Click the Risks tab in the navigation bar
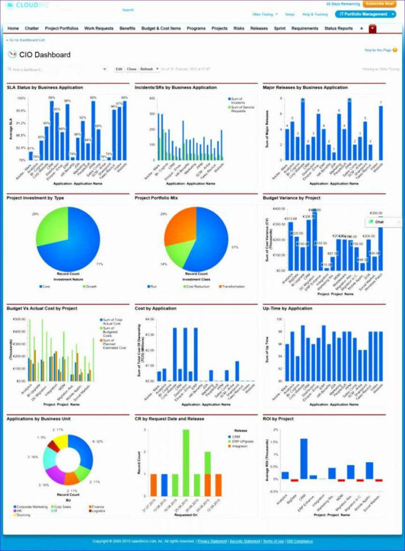[x=239, y=28]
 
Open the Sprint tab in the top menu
[x=279, y=28]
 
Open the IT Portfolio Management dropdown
[x=365, y=14]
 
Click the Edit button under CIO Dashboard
[x=119, y=69]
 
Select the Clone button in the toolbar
[x=131, y=69]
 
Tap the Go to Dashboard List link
[x=26, y=40]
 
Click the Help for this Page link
[x=378, y=51]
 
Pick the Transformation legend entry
[x=233, y=286]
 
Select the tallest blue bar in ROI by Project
[x=304, y=458]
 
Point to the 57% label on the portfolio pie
[x=234, y=248]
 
